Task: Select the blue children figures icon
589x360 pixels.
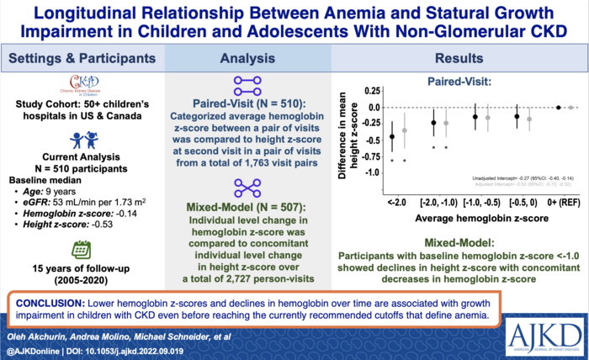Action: tap(81, 140)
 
